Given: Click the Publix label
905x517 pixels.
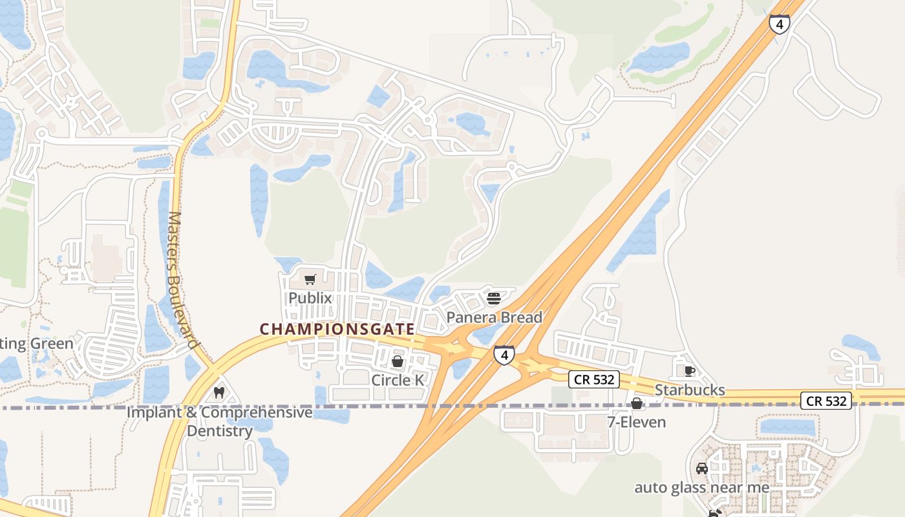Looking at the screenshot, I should pos(310,298).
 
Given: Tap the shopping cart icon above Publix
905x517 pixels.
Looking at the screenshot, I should pos(310,280).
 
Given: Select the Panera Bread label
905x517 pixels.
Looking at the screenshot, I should pos(495,317).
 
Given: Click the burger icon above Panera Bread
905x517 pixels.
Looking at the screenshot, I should pos(494,299).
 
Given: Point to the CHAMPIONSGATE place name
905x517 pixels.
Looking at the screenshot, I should pos(337,329).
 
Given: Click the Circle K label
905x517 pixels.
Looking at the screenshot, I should pos(398,380).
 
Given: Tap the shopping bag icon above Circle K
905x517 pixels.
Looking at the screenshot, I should pos(398,361).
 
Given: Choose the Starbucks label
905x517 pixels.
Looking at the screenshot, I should pos(690,390).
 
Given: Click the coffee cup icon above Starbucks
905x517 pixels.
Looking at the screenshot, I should pos(690,371).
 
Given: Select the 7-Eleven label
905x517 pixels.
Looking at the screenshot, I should pos(636,422).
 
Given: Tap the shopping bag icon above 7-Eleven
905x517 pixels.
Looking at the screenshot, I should pos(637,404).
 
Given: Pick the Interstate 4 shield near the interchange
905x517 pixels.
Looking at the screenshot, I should pos(504,355).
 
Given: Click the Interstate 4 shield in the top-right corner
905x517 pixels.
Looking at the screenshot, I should pos(780,25).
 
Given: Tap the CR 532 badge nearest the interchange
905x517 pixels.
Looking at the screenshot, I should pos(594,379).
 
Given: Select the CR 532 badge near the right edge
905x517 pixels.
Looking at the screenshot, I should pos(826,401).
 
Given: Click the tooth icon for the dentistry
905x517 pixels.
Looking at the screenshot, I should pos(218,392).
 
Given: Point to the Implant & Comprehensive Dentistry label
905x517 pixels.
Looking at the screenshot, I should pos(220,421).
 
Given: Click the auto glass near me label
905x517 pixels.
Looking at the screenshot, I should pos(701,487).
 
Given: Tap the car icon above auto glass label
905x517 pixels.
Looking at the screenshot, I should pos(701,469).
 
